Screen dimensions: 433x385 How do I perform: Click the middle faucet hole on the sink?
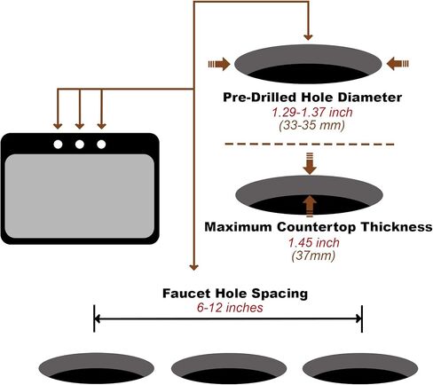[80, 145]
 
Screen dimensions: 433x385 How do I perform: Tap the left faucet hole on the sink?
[58, 145]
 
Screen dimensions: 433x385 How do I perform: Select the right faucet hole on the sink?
[101, 145]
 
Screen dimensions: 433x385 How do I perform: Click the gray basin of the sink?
[80, 196]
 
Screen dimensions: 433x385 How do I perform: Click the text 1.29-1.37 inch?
[312, 113]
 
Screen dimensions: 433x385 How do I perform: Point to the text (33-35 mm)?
[312, 126]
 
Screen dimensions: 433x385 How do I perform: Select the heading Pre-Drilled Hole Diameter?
[312, 98]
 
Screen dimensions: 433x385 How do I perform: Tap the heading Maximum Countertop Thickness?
[319, 227]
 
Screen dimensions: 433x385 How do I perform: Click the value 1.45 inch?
[314, 243]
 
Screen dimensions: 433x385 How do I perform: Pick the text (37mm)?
[313, 255]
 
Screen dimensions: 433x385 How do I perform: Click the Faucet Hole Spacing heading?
[235, 294]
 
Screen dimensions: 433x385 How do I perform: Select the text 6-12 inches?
[230, 308]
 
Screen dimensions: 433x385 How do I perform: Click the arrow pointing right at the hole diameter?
[219, 64]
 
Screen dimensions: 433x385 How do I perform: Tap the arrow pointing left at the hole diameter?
[398, 64]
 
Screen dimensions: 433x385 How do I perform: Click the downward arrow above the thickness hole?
[310, 163]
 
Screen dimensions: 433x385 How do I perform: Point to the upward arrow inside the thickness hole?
[310, 206]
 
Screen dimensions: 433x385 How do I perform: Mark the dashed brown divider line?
[310, 145]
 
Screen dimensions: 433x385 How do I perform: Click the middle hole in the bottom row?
[229, 368]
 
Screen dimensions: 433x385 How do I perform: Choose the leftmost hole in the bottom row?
[97, 368]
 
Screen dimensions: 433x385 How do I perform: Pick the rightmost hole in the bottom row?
[360, 368]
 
